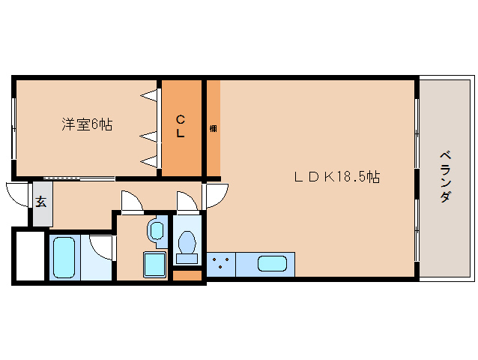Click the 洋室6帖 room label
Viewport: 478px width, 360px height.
[x=87, y=124]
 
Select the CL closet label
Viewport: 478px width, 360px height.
[x=181, y=125]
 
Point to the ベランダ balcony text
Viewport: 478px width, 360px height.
[x=445, y=177]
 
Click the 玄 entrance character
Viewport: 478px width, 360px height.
[x=40, y=202]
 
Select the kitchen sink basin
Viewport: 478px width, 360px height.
[x=272, y=264]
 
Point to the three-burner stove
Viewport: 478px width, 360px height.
[x=221, y=264]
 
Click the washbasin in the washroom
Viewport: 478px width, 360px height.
[x=157, y=231]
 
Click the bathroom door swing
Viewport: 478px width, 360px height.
[x=102, y=247]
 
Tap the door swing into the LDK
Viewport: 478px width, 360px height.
[x=216, y=196]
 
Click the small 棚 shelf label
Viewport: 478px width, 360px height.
[x=214, y=128]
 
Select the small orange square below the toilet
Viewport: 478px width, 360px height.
[x=187, y=274]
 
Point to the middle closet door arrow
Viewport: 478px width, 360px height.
[x=149, y=136]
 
